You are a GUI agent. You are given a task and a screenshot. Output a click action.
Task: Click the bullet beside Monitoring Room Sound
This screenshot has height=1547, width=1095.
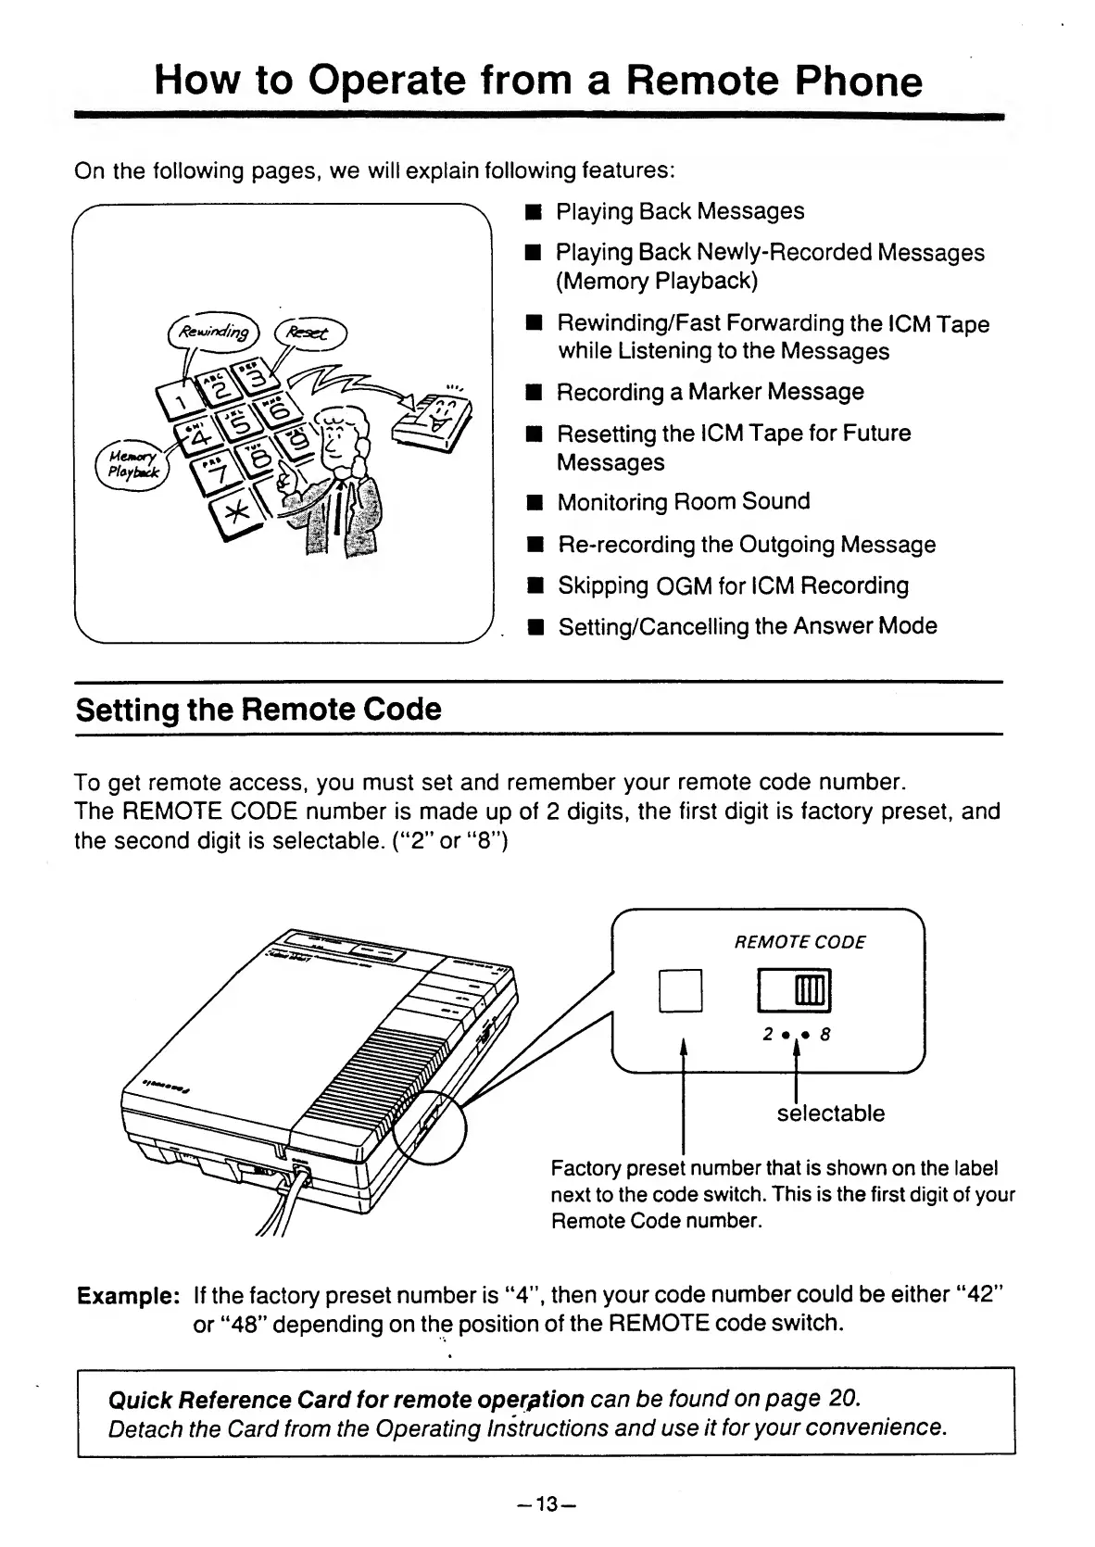[x=535, y=503]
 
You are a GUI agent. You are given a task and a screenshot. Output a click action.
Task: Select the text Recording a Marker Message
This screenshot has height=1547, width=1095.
[x=710, y=392]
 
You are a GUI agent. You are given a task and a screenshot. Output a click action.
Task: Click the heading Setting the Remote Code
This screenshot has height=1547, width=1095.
[x=258, y=710]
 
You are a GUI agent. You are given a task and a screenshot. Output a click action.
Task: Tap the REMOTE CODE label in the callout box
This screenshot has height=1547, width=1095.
[x=799, y=942]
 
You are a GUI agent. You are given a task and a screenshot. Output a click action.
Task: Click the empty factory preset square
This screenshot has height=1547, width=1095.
[x=681, y=990]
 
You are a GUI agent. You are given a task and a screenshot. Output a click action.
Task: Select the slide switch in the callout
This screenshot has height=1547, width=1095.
[x=795, y=989]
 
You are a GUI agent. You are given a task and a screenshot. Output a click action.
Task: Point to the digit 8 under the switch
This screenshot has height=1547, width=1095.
[x=824, y=1036]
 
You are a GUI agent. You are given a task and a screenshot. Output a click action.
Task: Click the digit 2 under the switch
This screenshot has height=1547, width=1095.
[x=767, y=1036]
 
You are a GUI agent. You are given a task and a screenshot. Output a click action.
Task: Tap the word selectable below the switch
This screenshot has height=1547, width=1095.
[x=830, y=1113]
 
